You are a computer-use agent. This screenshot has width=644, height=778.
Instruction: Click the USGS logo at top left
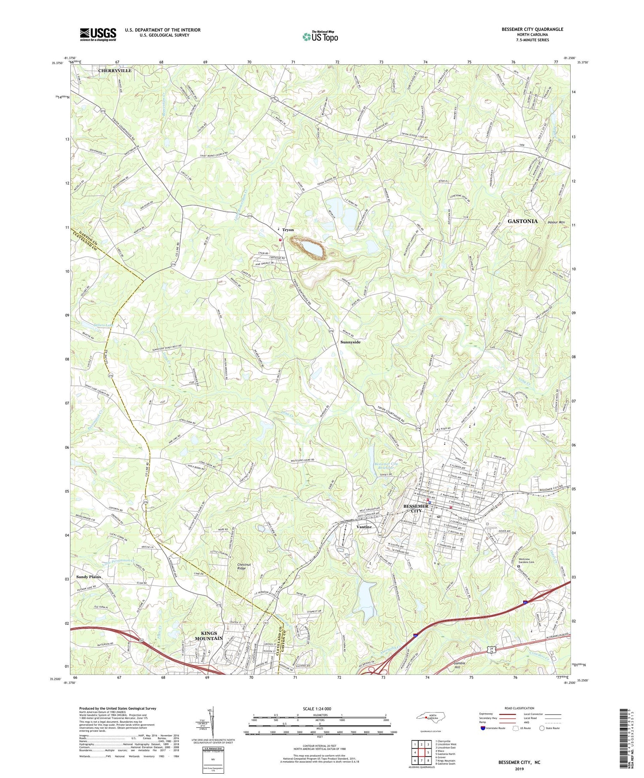coord(98,34)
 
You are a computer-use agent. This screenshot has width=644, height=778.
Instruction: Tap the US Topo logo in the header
coord(320,37)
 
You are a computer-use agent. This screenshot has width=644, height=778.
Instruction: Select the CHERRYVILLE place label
coord(115,70)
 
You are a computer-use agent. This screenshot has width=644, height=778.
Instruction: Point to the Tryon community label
coord(288,230)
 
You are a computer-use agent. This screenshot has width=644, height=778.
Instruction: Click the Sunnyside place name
coord(350,342)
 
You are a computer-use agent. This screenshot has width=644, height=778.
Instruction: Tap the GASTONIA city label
coord(522,221)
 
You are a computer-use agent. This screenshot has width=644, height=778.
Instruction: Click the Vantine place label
coord(364,527)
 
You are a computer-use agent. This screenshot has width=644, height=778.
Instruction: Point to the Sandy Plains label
coord(89,577)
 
